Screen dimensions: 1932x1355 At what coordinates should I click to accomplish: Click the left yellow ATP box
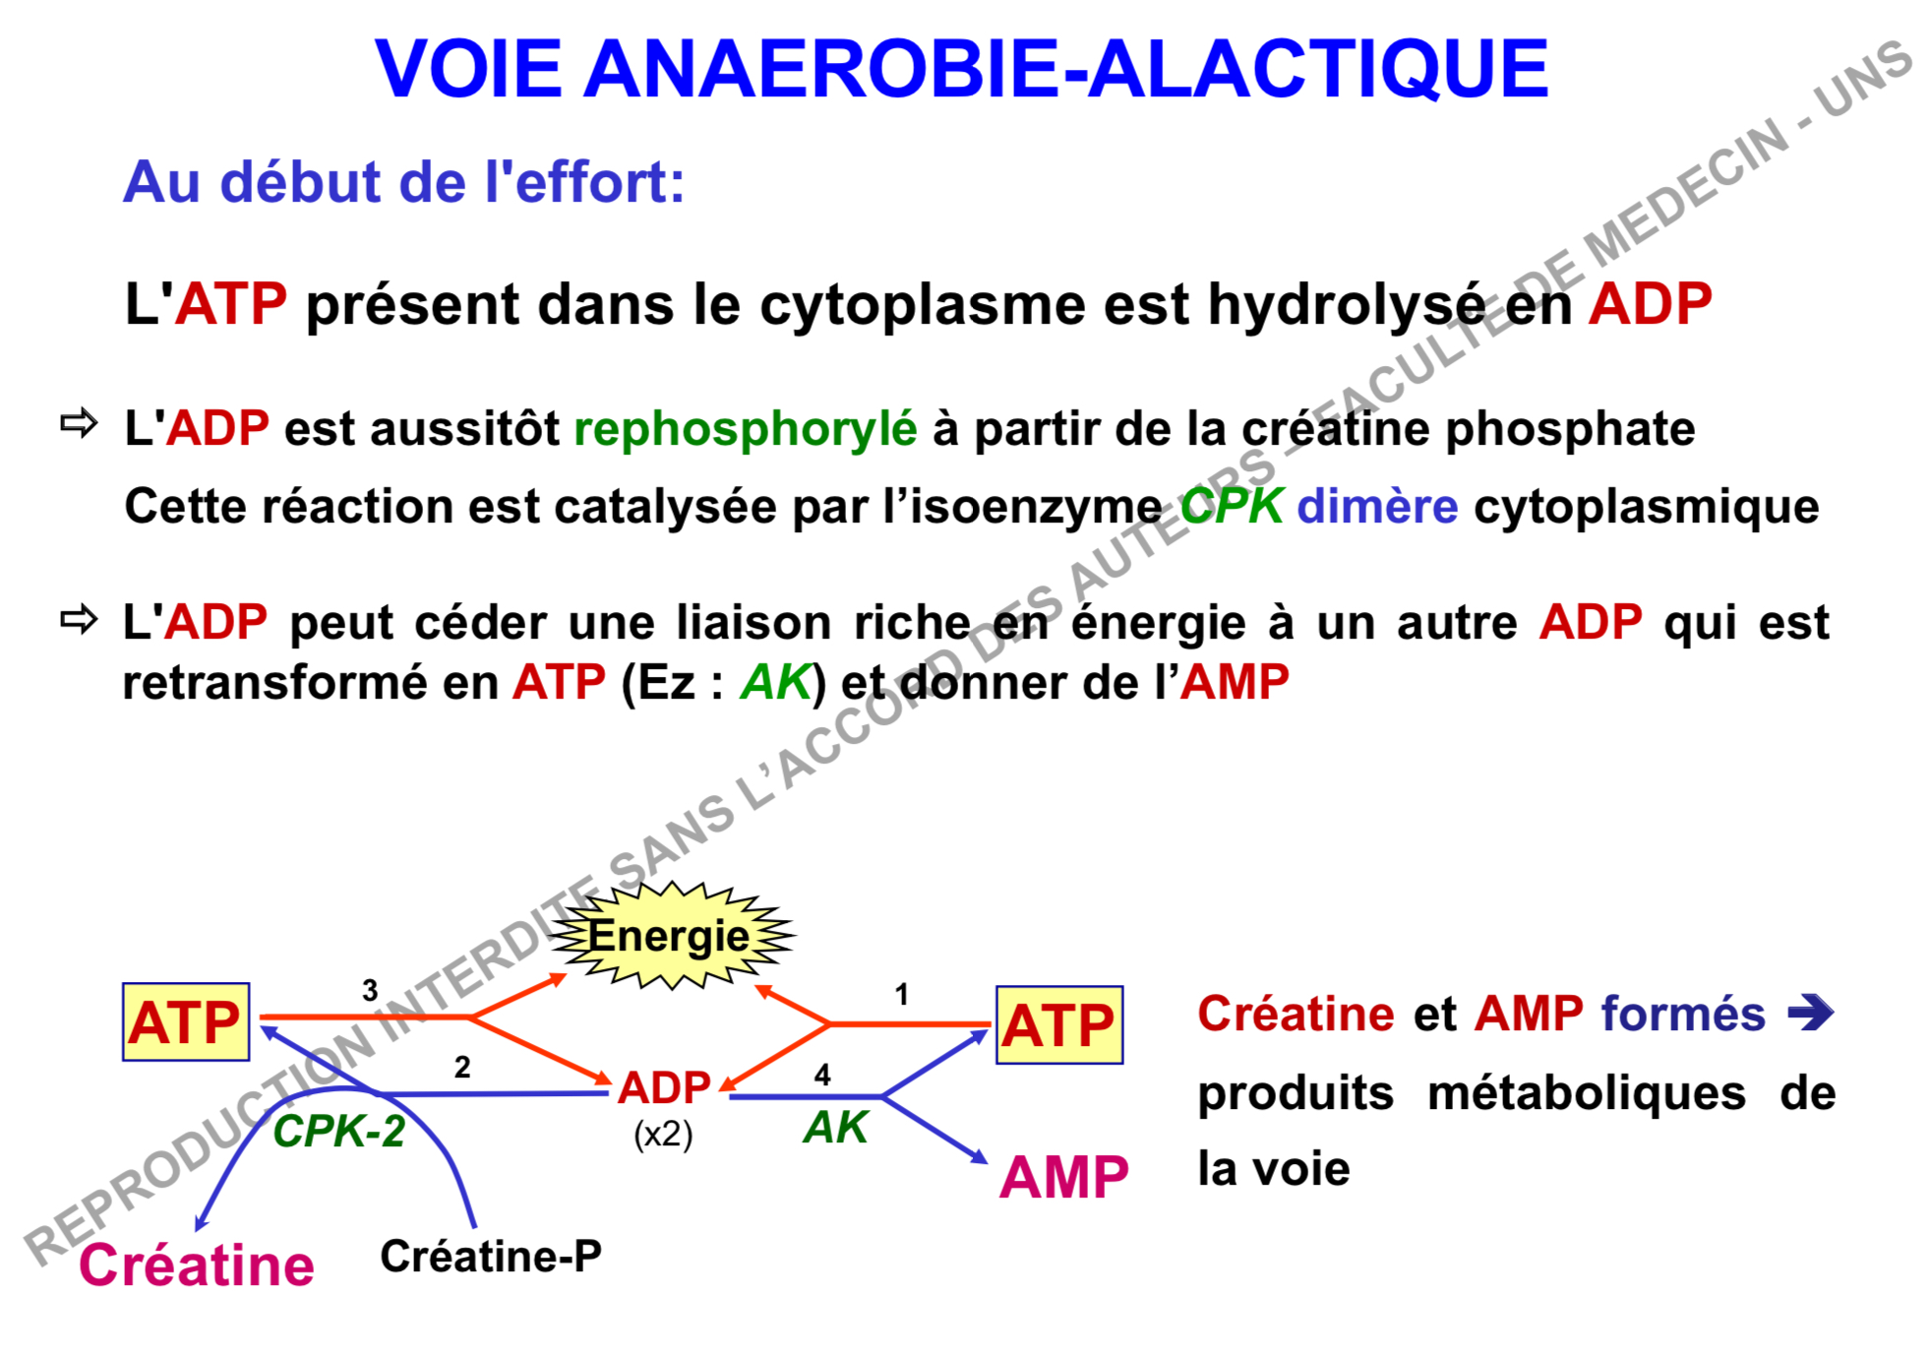click(x=186, y=1021)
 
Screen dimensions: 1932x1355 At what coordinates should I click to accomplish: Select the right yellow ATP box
click(x=1059, y=1025)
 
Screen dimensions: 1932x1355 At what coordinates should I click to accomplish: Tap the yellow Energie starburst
click(x=670, y=935)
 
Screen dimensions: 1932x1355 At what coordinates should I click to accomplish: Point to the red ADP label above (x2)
click(x=664, y=1087)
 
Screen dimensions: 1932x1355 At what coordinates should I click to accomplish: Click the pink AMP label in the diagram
click(x=1063, y=1176)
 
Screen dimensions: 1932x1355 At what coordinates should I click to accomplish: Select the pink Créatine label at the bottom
click(x=197, y=1264)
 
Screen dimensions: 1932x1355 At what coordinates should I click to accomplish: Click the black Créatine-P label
click(x=491, y=1256)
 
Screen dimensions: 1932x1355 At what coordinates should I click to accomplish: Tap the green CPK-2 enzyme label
click(x=338, y=1132)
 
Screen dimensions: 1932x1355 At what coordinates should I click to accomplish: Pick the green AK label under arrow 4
click(x=835, y=1128)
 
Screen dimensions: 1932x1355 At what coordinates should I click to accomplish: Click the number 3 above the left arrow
click(x=370, y=990)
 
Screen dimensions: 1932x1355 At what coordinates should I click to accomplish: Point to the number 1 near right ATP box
click(x=901, y=994)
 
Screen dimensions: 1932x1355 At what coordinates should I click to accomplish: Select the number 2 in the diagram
click(x=462, y=1067)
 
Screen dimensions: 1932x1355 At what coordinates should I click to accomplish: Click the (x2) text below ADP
click(x=663, y=1135)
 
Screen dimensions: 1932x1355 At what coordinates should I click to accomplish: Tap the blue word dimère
click(x=1377, y=506)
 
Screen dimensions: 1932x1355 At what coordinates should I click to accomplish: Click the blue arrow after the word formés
click(x=1811, y=1012)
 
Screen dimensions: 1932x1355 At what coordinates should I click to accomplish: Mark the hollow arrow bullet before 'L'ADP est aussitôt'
click(x=79, y=423)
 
